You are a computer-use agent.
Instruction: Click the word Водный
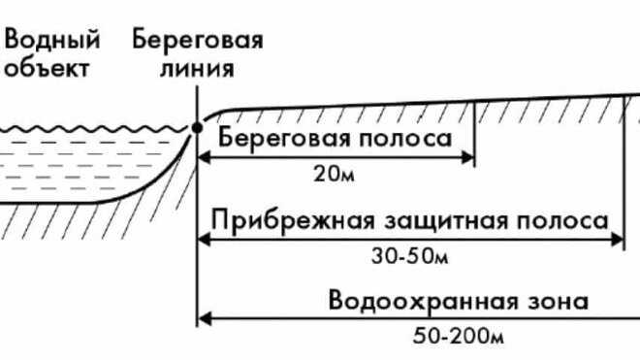53,41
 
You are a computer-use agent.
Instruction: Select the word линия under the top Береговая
198,69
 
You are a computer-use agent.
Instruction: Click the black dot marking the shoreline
197,127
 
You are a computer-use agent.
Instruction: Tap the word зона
561,300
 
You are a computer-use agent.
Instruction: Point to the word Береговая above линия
198,41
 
